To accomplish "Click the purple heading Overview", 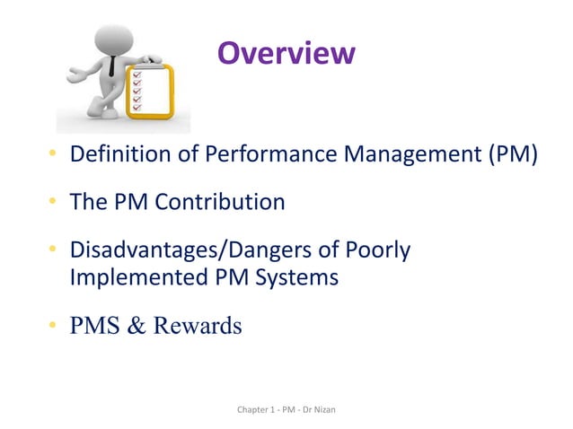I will click(x=286, y=53).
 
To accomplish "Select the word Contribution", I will click(x=219, y=202).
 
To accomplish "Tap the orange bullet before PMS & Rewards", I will click(x=53, y=326).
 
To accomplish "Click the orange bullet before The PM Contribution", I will click(x=53, y=203).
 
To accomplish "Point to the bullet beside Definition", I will click(x=53, y=156).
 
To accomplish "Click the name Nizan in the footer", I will click(x=333, y=410).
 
